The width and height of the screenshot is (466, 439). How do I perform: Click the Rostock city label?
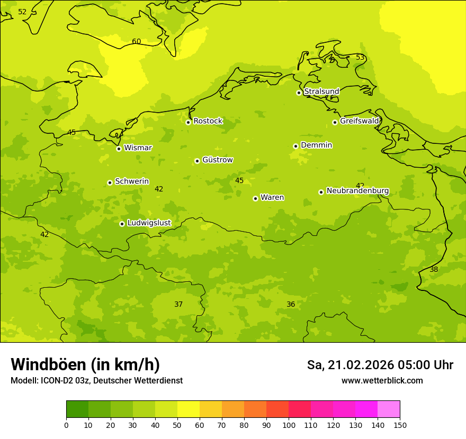208,121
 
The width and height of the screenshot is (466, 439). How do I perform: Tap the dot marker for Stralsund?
299,93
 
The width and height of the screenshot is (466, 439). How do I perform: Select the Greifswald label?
359,121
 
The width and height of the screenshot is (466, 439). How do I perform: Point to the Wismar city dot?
119,149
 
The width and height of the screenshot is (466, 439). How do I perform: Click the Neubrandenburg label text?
357,191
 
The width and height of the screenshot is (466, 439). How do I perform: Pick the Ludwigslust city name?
149,223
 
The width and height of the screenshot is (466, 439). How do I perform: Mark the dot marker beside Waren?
255,198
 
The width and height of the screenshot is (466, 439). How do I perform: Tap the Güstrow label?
217,160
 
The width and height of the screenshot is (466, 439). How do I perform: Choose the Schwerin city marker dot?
110,182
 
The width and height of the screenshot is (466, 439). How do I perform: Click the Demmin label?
316,145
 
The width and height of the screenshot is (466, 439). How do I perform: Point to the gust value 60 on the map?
137,42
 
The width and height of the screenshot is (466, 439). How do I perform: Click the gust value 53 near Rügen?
360,57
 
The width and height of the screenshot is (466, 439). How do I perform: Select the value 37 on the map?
178,304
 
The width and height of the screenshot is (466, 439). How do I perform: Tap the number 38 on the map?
434,269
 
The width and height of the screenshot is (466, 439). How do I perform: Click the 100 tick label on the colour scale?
289,425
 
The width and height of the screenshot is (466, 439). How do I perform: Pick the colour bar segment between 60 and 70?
211,409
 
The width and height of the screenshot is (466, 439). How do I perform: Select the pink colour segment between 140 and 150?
389,409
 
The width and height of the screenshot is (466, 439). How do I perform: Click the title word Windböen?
48,364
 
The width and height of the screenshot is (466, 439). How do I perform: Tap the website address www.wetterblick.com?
382,381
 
